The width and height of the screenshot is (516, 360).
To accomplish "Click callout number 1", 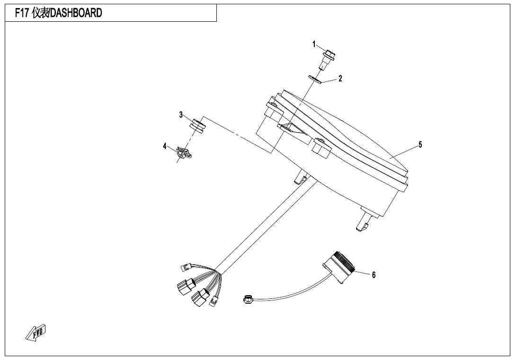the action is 314,44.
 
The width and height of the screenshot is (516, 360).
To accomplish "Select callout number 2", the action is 340,78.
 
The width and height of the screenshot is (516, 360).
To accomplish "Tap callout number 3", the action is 181,115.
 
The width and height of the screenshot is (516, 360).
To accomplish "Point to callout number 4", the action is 165,146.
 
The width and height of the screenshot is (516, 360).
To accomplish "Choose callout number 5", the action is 420,144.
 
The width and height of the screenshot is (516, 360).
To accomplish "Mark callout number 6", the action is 374,275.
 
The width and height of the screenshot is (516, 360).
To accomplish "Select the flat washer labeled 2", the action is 315,79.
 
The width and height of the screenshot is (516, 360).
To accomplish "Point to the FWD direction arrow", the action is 36,332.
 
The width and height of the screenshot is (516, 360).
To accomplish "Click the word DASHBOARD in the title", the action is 76,13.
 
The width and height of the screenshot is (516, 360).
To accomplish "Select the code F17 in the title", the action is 22,13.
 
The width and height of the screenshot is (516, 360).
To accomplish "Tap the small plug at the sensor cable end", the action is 248,299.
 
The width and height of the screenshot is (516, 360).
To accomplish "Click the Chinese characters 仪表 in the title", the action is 40,13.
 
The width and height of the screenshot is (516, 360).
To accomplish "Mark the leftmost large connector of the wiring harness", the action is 185,286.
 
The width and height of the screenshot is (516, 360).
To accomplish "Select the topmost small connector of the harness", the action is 186,267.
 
